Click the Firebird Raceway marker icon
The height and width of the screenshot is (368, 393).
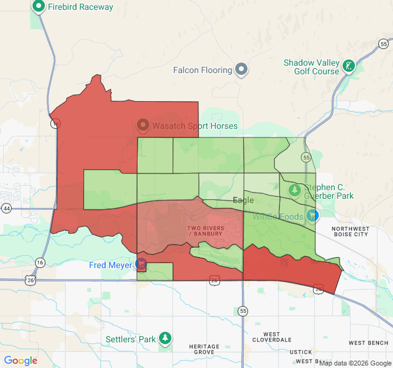(38, 7)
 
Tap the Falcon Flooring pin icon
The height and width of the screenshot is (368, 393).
(241, 70)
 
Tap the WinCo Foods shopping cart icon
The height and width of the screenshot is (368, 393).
(313, 215)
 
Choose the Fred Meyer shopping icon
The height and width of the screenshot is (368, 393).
(141, 265)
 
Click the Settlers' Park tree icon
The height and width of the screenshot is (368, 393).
(165, 338)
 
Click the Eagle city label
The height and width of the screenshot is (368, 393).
(243, 201)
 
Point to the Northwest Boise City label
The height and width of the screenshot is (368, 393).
(350, 231)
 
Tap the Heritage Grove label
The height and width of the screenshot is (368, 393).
(204, 350)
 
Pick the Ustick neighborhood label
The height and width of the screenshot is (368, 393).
(301, 352)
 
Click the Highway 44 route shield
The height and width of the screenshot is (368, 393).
(7, 209)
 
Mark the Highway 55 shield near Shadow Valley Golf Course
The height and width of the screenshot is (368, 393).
(384, 44)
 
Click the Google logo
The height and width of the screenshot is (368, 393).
(21, 361)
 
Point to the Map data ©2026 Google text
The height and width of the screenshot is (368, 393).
(354, 363)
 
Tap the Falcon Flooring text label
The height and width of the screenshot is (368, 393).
(203, 70)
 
